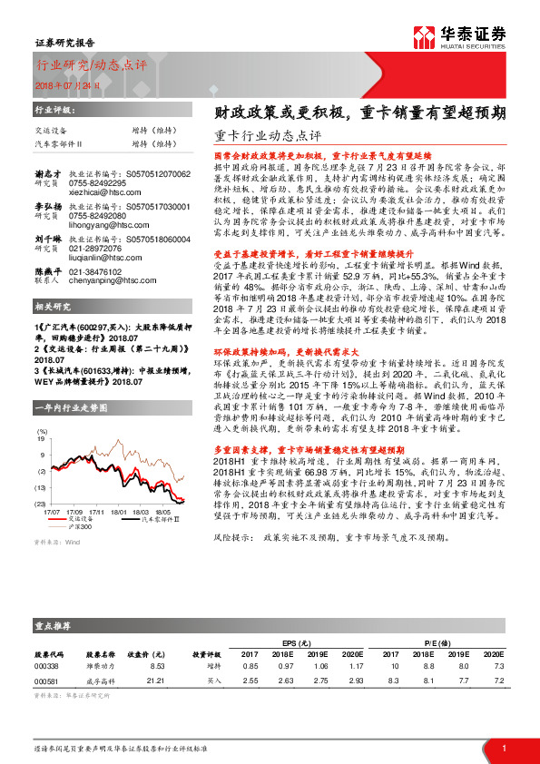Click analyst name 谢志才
47,173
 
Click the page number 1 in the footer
504,748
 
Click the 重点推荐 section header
54,625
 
